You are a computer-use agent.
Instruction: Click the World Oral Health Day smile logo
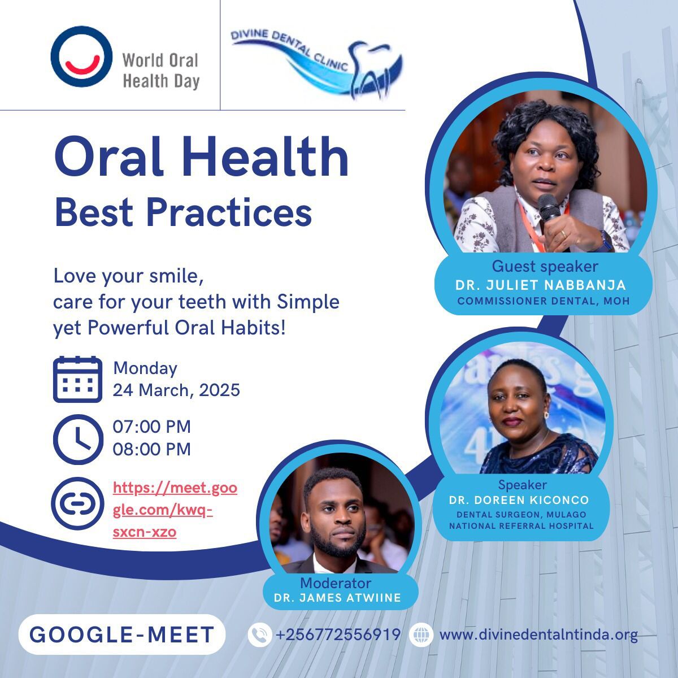tap(81, 56)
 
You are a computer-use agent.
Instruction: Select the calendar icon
tap(77, 379)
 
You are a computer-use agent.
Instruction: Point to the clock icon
tap(78, 440)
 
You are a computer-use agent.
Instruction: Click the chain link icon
tap(77, 503)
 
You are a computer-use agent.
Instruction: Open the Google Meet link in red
tap(175, 510)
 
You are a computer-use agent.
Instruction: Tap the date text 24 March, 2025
tap(176, 390)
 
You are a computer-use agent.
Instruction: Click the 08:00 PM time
tap(151, 449)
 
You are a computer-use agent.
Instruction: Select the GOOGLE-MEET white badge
tap(121, 634)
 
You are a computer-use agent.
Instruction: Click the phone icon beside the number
tap(260, 634)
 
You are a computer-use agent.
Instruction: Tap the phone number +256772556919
tap(338, 634)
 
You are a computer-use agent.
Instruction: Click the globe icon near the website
tap(421, 634)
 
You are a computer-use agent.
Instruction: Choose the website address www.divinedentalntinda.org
tap(538, 635)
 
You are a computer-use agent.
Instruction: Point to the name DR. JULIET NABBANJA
tap(541, 285)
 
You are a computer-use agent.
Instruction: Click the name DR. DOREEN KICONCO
tap(519, 500)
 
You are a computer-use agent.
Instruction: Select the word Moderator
tap(335, 583)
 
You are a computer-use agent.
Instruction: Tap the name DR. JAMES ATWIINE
tap(337, 598)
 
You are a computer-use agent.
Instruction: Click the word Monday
tap(145, 368)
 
